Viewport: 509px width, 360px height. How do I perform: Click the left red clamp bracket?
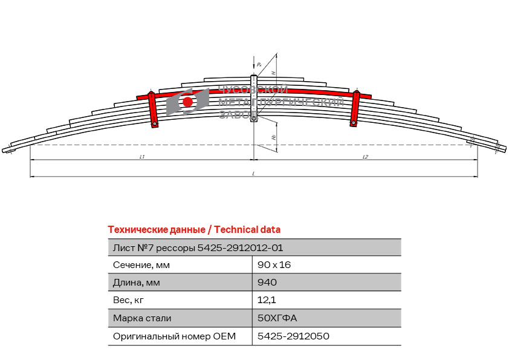153,109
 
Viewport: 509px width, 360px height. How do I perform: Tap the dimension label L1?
141,157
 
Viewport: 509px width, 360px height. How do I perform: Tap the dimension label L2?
365,157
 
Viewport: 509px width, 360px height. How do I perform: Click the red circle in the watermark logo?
188,102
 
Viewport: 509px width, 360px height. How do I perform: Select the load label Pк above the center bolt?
259,64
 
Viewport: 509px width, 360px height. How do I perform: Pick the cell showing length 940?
267,283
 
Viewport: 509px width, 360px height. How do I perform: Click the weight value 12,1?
265,300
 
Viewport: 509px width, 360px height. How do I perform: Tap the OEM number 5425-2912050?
293,336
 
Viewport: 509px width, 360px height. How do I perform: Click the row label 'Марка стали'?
142,318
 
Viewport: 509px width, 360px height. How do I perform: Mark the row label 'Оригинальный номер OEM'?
174,336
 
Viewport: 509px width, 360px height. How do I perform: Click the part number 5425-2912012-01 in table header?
240,247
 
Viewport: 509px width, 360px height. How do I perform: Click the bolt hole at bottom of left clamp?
155,124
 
